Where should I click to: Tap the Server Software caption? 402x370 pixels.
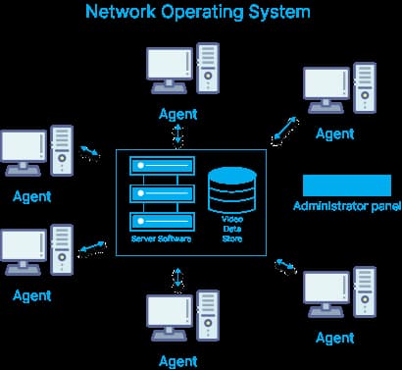162,238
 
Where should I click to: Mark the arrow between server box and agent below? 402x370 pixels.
177,280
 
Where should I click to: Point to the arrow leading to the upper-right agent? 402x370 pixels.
285,128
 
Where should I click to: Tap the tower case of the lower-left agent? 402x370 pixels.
62,250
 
